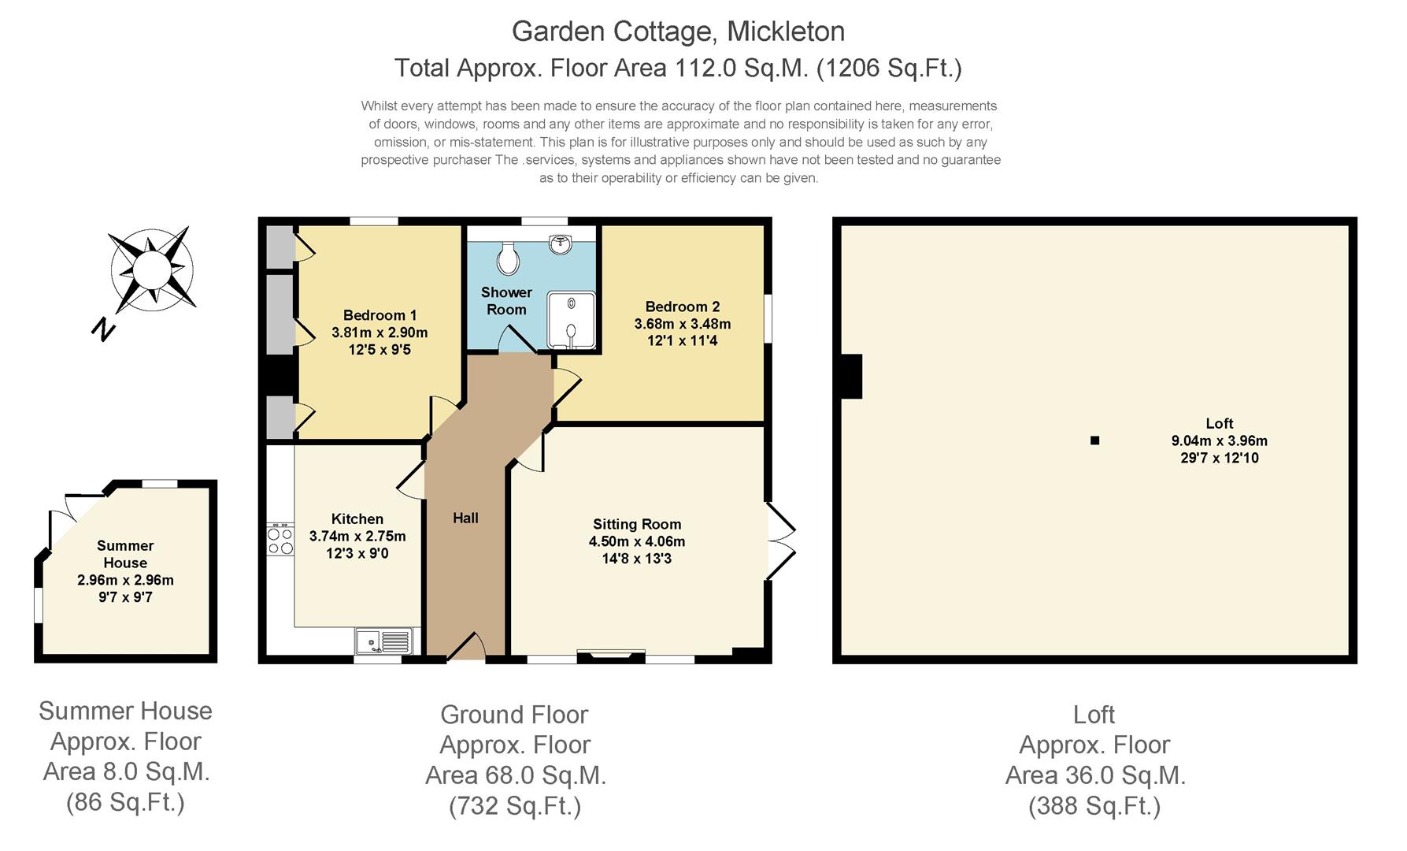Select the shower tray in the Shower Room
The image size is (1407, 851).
point(572,320)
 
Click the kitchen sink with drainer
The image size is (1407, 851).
point(383,641)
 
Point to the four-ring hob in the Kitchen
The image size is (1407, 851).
point(280,541)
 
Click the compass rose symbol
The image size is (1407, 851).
point(151,269)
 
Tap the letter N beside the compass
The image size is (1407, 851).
point(103,329)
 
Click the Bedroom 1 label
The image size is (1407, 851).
point(380,315)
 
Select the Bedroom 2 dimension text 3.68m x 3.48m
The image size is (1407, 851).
point(682,324)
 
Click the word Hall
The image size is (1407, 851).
point(465,518)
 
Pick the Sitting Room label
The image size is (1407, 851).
point(636,524)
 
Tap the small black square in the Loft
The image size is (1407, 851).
point(1094,440)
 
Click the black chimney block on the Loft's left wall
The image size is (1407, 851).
point(851,377)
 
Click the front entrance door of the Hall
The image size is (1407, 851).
point(466,648)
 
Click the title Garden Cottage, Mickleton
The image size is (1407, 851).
point(678,32)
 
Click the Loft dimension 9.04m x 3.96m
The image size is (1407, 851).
point(1219,440)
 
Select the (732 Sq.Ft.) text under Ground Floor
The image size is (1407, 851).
point(515,806)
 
